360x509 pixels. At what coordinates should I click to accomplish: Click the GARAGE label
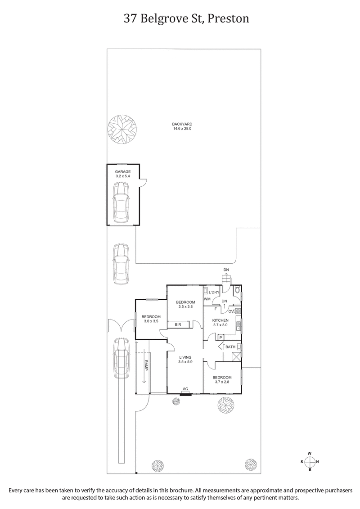coord(122,172)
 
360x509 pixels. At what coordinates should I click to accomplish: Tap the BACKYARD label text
coord(182,125)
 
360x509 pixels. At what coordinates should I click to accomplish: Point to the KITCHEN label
coord(220,320)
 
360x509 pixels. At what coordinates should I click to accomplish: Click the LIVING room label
coord(185,357)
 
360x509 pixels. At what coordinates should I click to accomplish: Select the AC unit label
coord(185,389)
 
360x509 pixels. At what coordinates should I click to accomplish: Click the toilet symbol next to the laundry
coord(237,290)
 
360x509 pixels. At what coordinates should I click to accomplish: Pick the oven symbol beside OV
coord(237,311)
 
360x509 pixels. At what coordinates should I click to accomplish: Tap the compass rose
coord(310,461)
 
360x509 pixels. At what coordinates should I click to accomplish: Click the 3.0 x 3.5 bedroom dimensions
coord(151,322)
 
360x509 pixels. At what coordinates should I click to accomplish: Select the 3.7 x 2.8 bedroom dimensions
coord(222,382)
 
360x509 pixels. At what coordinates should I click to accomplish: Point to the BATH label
coord(230,347)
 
